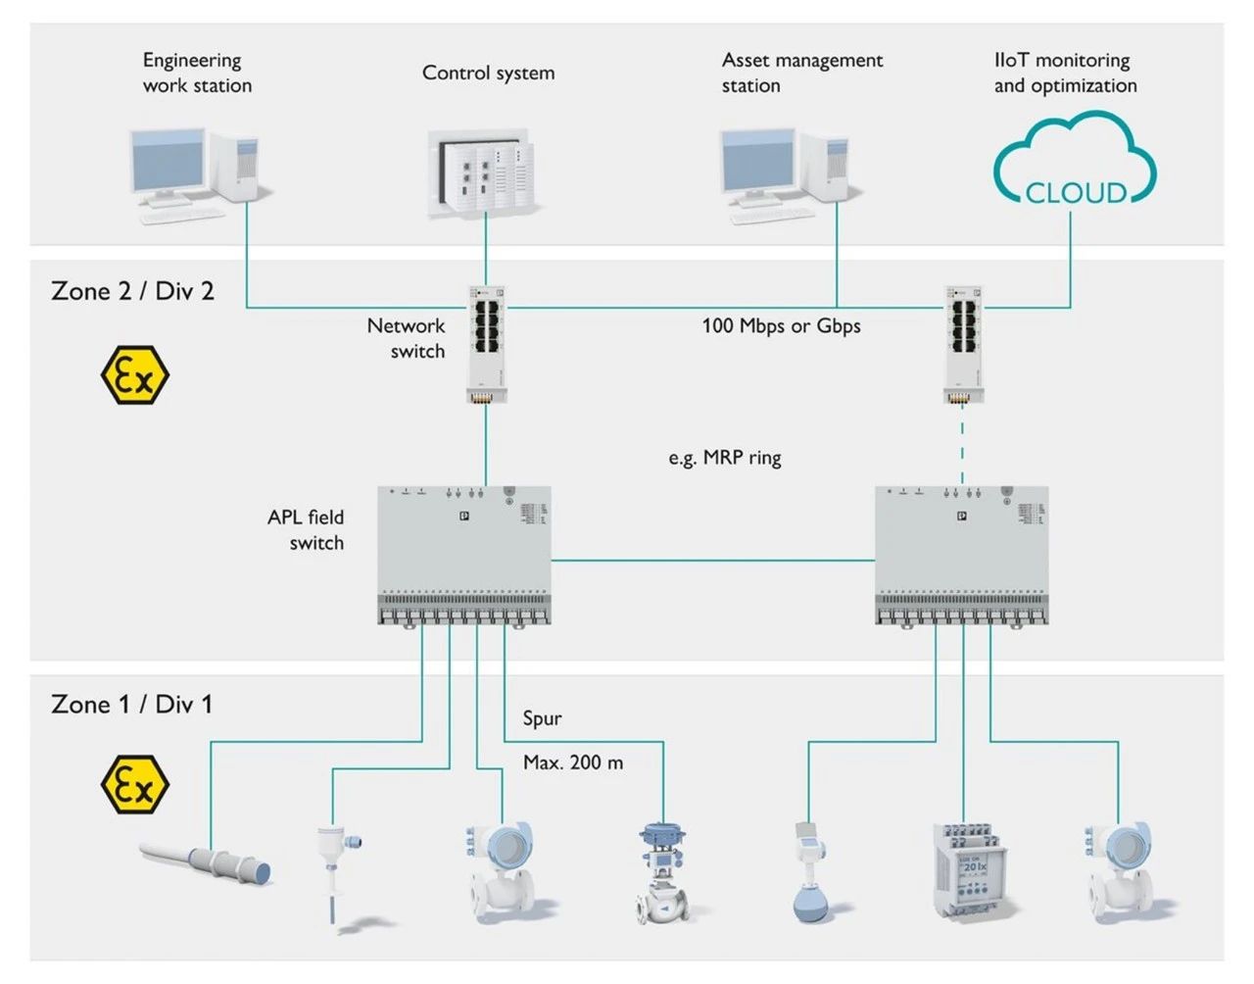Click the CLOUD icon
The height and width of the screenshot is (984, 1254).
[1075, 161]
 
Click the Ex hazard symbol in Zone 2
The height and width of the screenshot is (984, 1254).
[135, 374]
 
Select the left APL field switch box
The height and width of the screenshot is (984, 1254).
[464, 555]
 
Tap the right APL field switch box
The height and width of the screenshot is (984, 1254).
[961, 555]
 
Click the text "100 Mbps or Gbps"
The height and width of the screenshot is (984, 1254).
[781, 326]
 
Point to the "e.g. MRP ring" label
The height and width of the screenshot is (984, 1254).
[725, 458]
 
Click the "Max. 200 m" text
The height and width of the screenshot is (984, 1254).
[573, 763]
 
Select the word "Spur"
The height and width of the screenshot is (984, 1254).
[542, 718]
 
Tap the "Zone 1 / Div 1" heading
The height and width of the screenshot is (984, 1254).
[131, 704]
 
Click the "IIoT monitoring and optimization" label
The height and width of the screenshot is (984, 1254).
[1065, 73]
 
